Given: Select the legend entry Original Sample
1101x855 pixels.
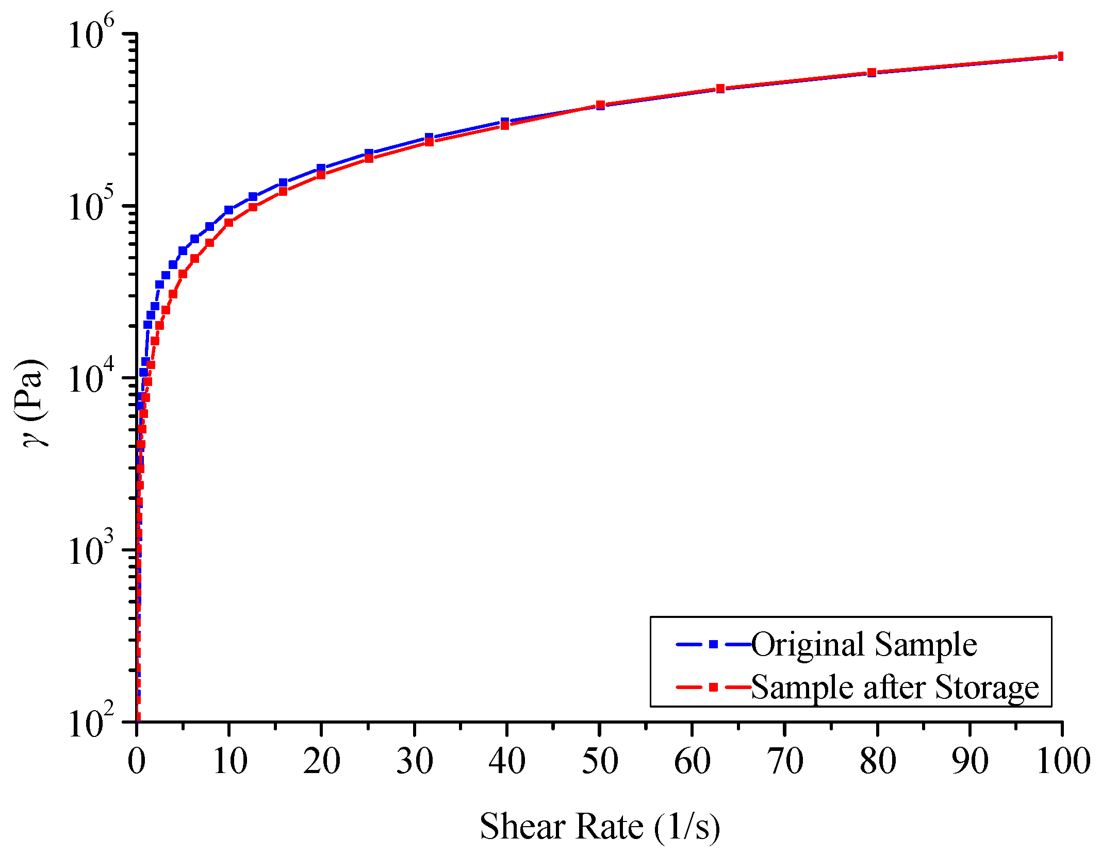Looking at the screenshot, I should click(x=864, y=644).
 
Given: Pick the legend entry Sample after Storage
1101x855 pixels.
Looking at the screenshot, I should click(x=895, y=687).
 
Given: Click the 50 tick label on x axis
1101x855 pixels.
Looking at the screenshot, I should click(x=599, y=762).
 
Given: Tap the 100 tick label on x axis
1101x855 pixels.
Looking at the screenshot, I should click(x=1063, y=762).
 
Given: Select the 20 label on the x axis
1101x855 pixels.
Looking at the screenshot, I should click(x=321, y=762).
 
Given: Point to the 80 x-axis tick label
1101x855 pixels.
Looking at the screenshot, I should click(x=877, y=762).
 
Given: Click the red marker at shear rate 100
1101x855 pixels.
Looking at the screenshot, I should click(x=1060, y=56).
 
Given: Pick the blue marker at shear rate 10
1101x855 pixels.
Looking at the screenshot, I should click(x=229, y=210).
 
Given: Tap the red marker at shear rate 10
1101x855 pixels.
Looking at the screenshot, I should click(x=229, y=223).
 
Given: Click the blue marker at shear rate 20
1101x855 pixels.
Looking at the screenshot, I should click(x=321, y=168).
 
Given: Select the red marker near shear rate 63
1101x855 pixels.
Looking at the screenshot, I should click(x=720, y=89).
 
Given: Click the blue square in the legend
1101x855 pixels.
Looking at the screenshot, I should click(x=713, y=644).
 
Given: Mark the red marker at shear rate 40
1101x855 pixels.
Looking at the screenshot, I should click(x=505, y=125).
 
